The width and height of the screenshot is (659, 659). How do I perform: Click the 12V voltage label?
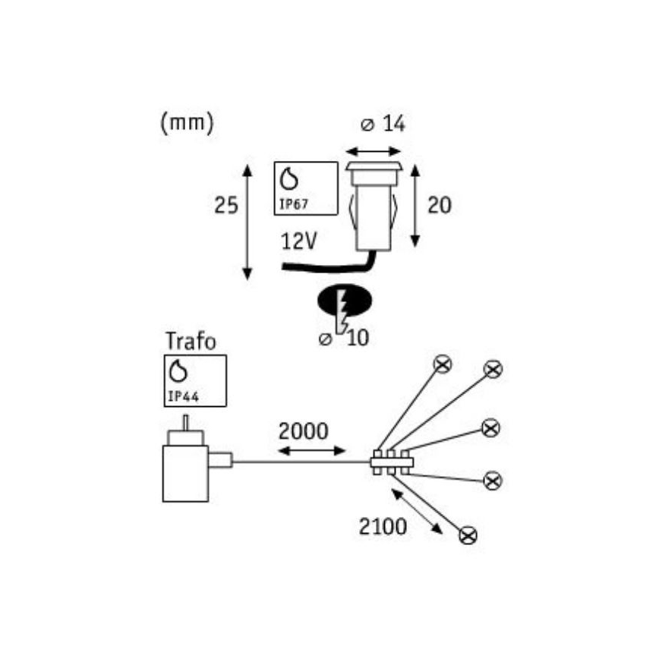tap(300, 241)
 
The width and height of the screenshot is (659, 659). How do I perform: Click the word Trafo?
tap(191, 342)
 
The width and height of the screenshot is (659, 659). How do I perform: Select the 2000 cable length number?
tap(303, 431)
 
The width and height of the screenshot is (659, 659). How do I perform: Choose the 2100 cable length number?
tap(383, 526)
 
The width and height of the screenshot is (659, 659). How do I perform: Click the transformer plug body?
tap(185, 473)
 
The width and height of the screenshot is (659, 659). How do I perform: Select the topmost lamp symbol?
tap(443, 364)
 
